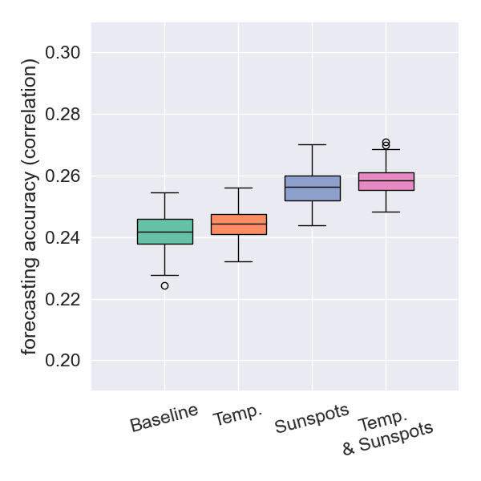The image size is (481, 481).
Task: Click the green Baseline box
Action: pyautogui.click(x=164, y=231)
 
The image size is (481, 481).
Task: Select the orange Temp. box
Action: pyautogui.click(x=238, y=224)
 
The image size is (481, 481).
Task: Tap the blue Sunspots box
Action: pyautogui.click(x=312, y=188)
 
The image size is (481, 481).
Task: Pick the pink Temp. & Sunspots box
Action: pyautogui.click(x=386, y=181)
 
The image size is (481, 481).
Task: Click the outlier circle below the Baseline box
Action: pyautogui.click(x=164, y=285)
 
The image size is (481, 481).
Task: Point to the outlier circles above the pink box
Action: pyautogui.click(x=386, y=143)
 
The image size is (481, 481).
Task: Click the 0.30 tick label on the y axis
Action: pyautogui.click(x=63, y=53)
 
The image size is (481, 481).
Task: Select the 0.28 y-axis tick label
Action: pyautogui.click(x=63, y=115)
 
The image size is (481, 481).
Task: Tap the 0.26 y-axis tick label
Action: pyautogui.click(x=63, y=176)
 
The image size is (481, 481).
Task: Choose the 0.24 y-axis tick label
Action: pyautogui.click(x=63, y=238)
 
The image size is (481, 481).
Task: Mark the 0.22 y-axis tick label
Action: pyautogui.click(x=63, y=300)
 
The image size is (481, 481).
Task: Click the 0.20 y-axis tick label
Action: pyautogui.click(x=63, y=361)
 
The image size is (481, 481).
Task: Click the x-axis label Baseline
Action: pyautogui.click(x=164, y=418)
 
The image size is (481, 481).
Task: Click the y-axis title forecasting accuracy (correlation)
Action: pyautogui.click(x=30, y=206)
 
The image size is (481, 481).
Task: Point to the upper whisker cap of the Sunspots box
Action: pyautogui.click(x=312, y=145)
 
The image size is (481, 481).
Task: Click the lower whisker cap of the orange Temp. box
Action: pyautogui.click(x=238, y=261)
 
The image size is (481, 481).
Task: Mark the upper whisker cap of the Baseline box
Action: pyautogui.click(x=164, y=193)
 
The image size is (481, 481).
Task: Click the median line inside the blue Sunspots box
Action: pyautogui.click(x=312, y=187)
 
